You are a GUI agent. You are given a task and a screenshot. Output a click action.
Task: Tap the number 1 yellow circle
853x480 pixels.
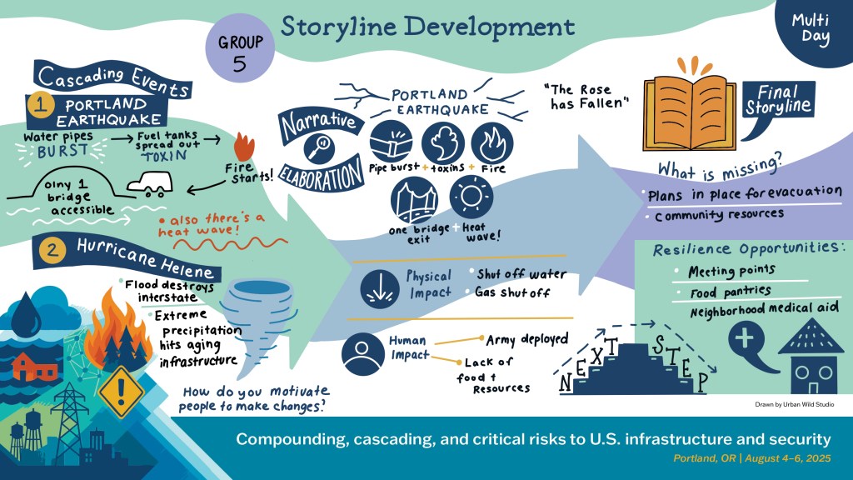39,105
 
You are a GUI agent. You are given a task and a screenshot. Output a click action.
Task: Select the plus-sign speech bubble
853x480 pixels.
746,342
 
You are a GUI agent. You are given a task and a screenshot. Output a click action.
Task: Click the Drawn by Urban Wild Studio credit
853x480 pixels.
794,404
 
